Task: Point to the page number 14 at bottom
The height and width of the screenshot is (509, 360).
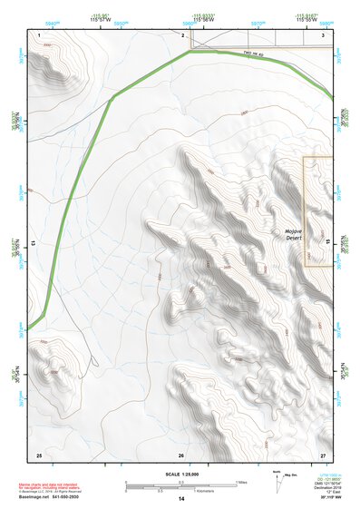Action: pos(180,500)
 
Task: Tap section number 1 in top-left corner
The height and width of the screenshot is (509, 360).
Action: pos(41,34)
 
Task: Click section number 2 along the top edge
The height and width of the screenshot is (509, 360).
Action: pos(182,34)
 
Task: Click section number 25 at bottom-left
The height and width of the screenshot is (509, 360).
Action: pos(39,454)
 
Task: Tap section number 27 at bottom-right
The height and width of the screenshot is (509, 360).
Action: pos(323,454)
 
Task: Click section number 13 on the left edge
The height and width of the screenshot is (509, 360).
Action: pos(34,244)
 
